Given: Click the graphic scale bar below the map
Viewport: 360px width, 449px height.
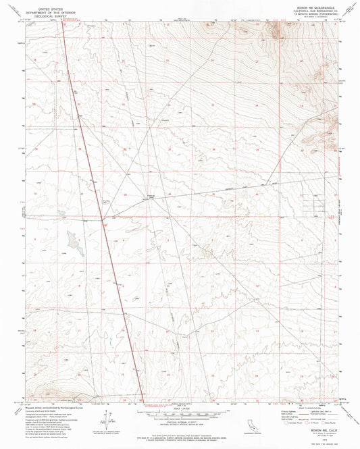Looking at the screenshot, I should click(x=180, y=414).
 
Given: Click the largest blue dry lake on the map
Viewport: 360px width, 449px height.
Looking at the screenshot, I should click(x=72, y=240).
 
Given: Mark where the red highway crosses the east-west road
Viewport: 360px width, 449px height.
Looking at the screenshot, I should click(x=102, y=218).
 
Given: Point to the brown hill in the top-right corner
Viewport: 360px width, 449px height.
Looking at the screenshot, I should click(x=277, y=30).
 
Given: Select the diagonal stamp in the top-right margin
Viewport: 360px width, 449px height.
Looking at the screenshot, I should click(x=349, y=9).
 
